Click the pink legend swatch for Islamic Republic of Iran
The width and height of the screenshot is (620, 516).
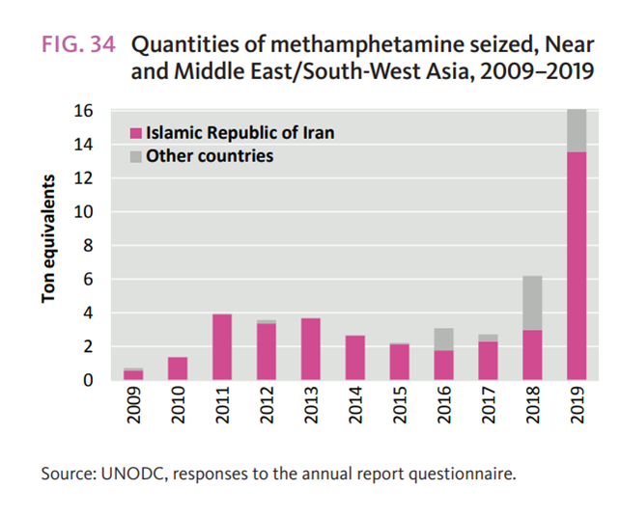tap(136, 134)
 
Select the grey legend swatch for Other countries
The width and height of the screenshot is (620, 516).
tap(136, 156)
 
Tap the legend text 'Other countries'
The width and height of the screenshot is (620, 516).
tap(210, 156)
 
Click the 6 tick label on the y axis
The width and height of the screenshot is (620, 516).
tap(86, 280)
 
